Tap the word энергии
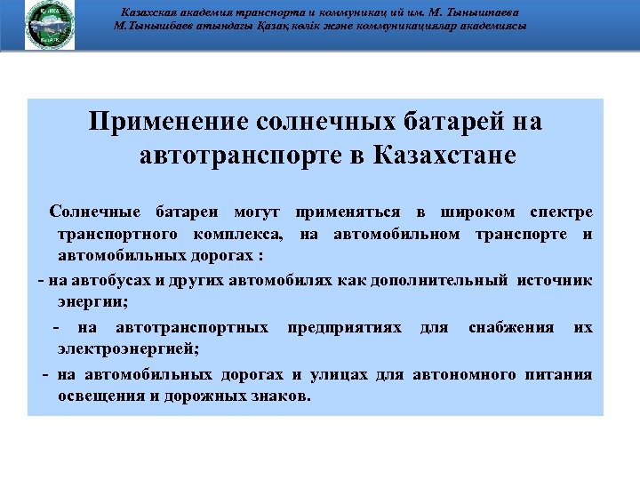[92, 302]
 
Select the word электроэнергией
[128, 348]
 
